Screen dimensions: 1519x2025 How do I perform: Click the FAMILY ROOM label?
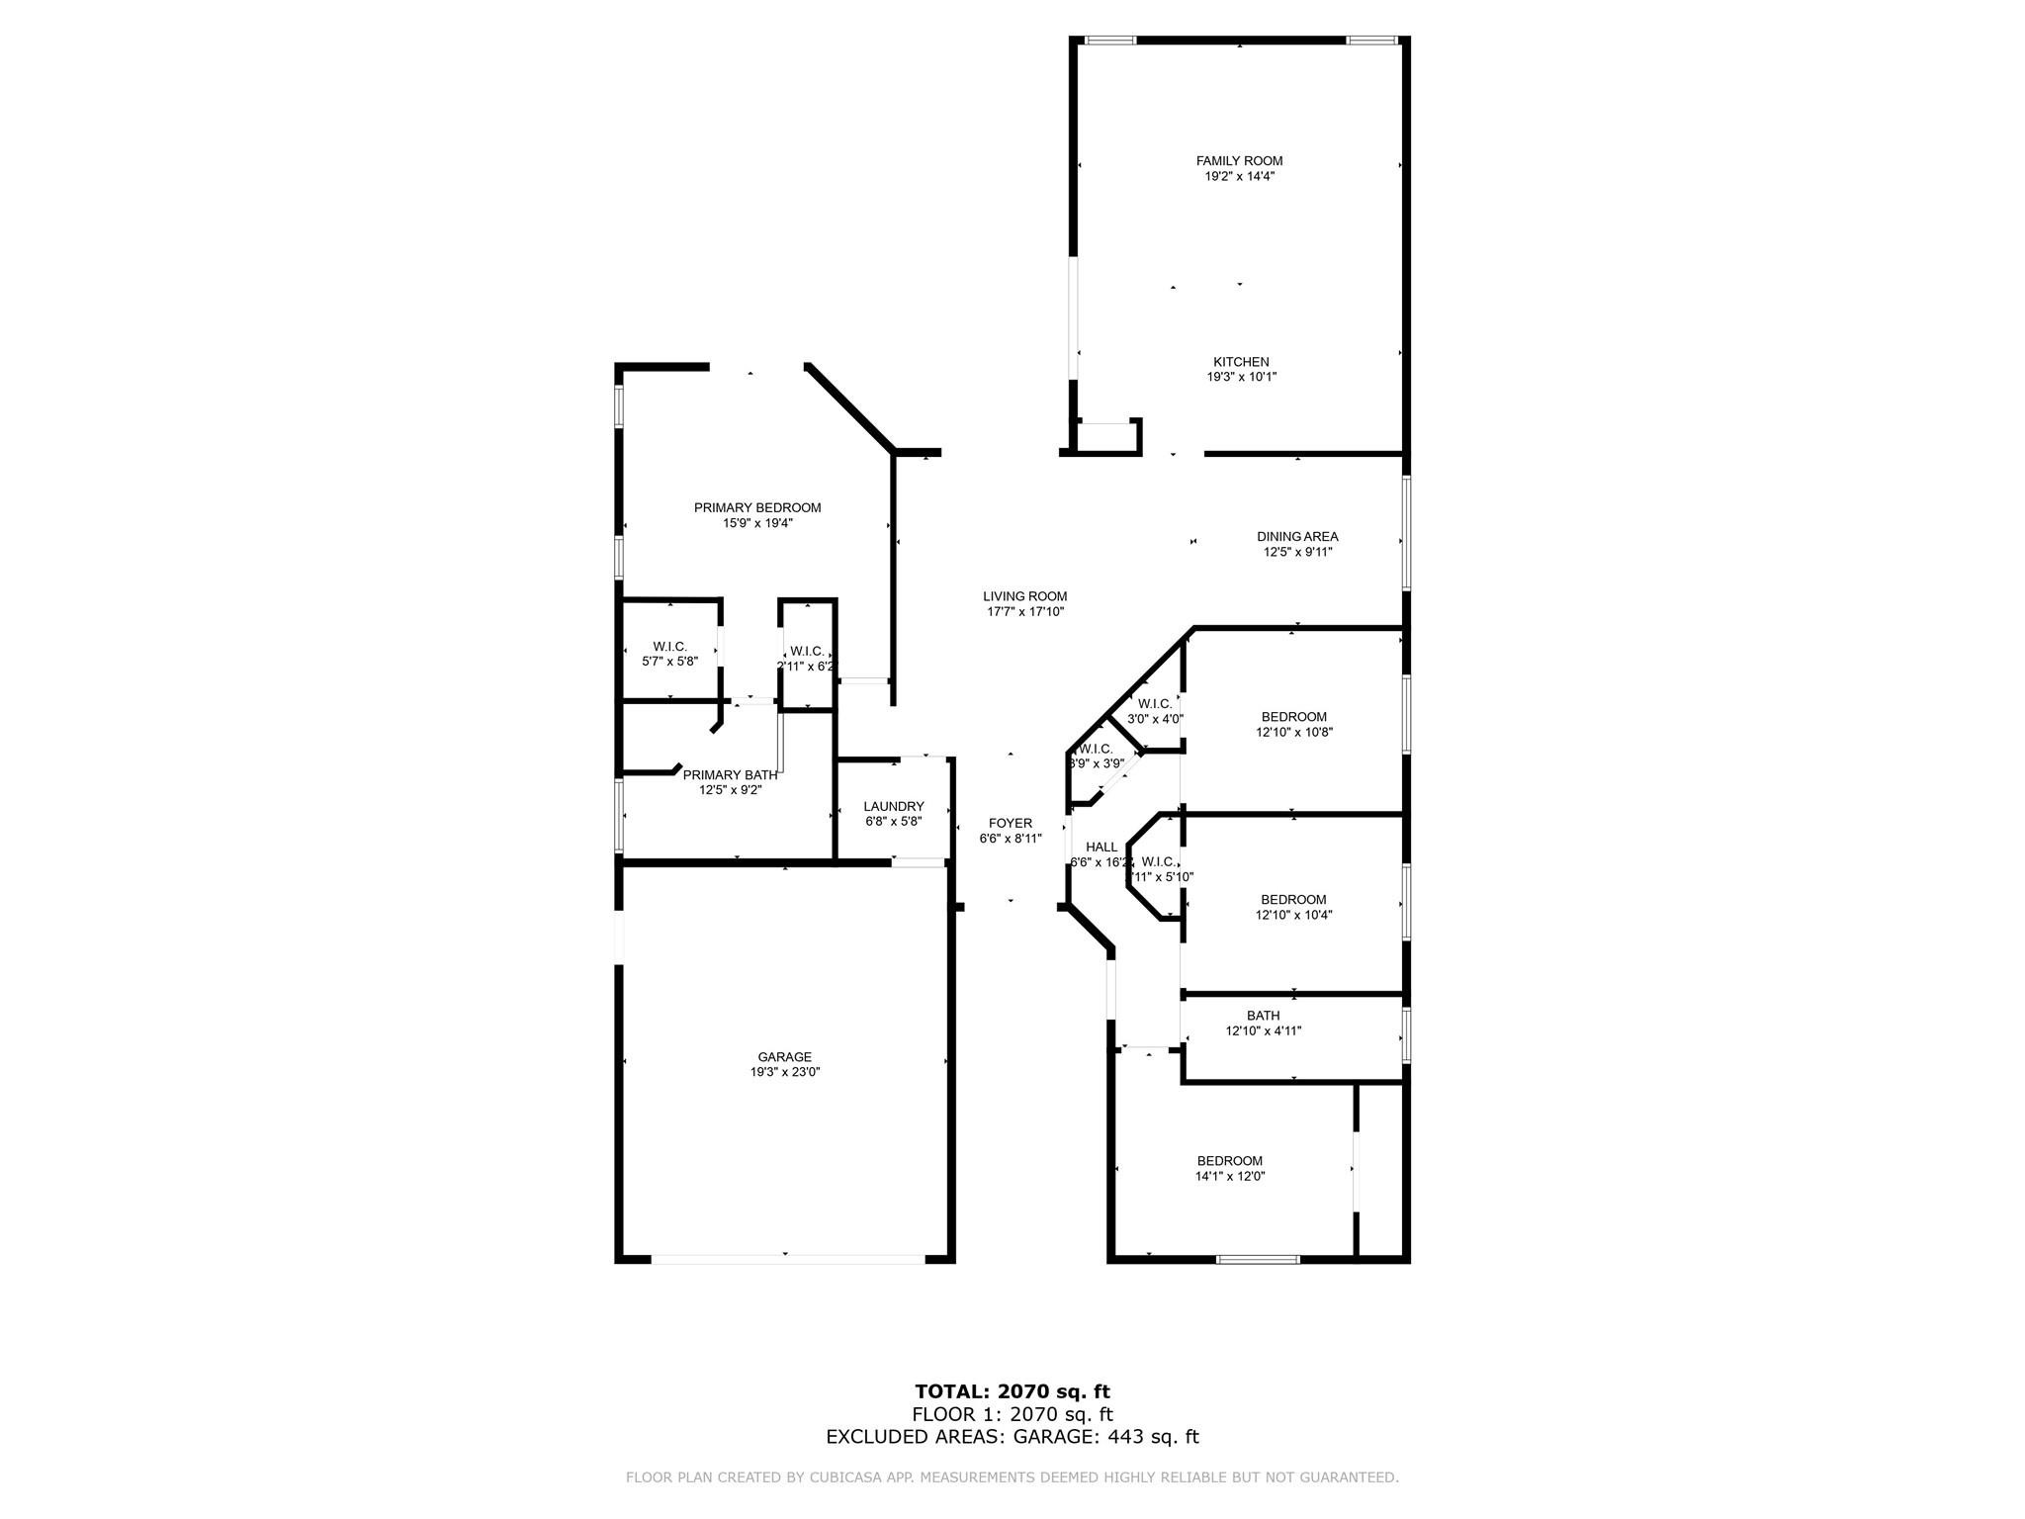[x=1239, y=161]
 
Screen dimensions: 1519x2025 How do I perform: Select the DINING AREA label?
[x=1297, y=537]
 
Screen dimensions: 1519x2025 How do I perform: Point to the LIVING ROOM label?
[x=1024, y=596]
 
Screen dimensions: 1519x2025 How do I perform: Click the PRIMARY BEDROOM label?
[x=757, y=508]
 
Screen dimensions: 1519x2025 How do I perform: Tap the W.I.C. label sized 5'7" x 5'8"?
[x=669, y=647]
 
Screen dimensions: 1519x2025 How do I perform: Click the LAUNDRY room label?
[x=893, y=807]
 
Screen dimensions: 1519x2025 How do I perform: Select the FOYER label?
[x=1010, y=824]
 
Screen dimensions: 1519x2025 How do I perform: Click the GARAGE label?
[x=784, y=1057]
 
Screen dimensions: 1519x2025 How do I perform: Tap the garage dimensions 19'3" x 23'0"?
[x=784, y=1072]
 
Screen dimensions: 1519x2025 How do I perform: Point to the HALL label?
[x=1101, y=848]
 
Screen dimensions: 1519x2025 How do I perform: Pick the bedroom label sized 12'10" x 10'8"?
[x=1293, y=717]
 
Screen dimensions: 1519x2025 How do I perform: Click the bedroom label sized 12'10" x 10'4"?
[x=1293, y=900]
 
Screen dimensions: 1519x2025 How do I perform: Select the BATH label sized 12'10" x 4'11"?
[x=1263, y=1016]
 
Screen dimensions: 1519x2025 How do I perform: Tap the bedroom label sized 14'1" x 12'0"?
[x=1229, y=1161]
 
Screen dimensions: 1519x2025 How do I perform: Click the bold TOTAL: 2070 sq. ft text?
[x=1012, y=1392]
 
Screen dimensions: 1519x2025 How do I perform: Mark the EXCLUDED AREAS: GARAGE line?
[x=1012, y=1437]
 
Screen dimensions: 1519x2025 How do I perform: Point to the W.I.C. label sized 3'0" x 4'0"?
[x=1154, y=704]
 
